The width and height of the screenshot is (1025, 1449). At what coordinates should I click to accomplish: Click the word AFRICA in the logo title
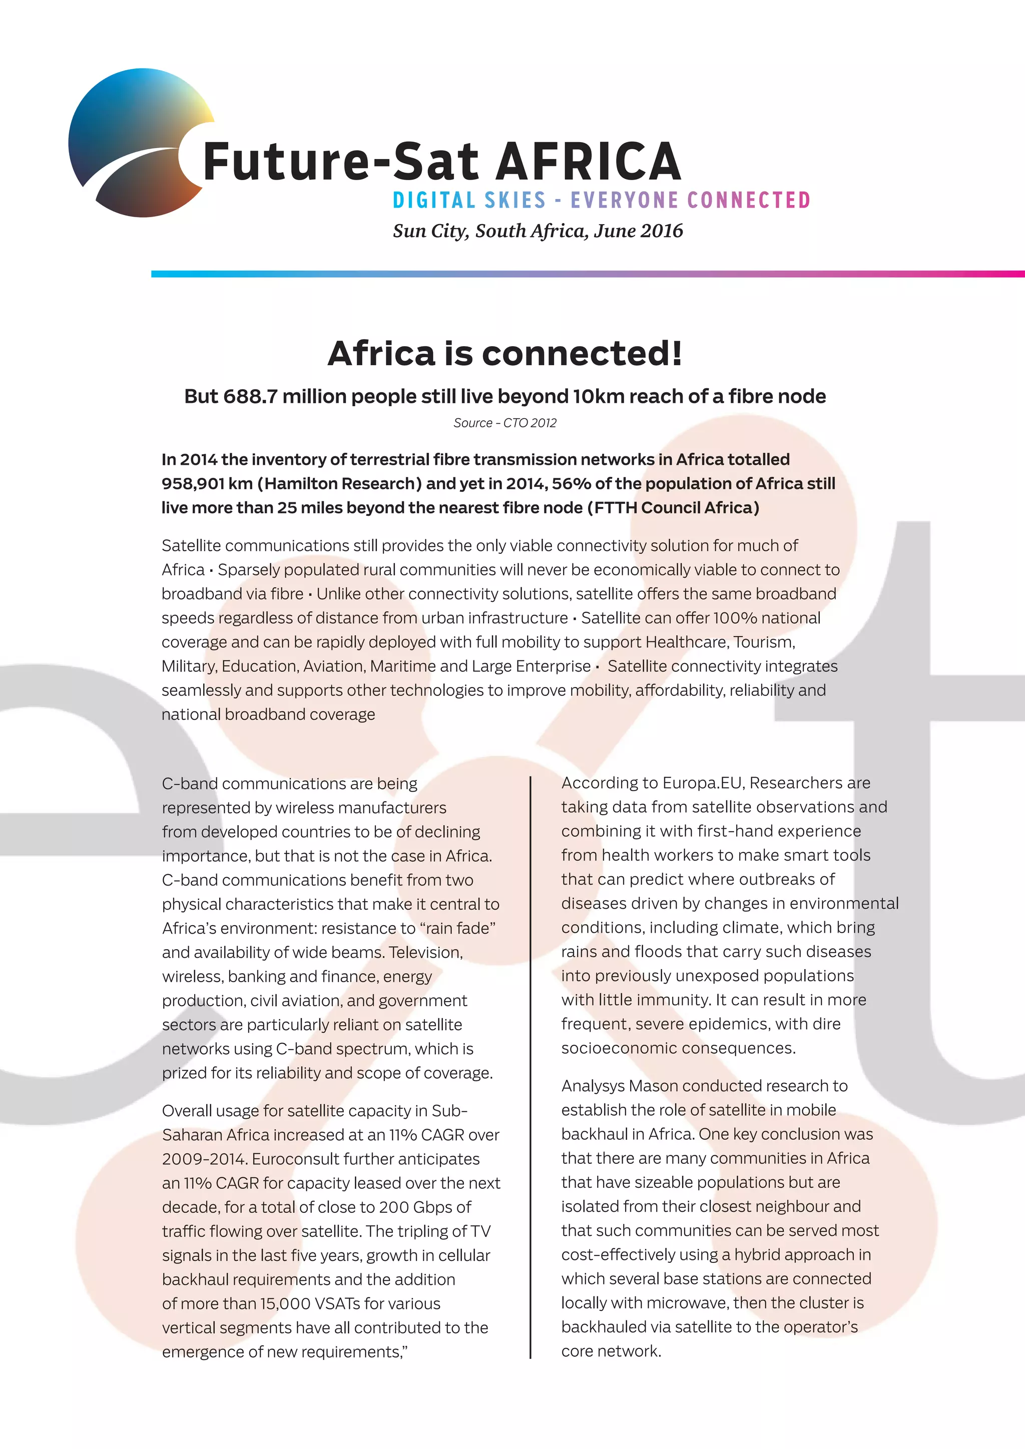coord(588,162)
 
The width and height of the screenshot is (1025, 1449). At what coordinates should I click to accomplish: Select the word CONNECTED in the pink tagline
coord(749,201)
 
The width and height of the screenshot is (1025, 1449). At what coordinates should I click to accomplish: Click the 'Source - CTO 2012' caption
coord(505,423)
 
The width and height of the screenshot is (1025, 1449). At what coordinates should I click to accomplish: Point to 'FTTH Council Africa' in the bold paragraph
coord(673,507)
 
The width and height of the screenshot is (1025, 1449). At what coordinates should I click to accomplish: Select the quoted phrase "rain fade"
coord(457,928)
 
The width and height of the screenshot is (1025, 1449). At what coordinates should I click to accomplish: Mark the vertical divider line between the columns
coord(531,1067)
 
